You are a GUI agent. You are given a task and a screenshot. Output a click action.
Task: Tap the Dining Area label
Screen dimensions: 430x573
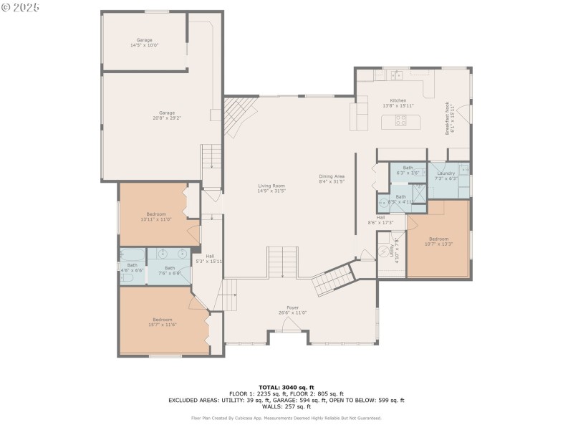pos(332,178)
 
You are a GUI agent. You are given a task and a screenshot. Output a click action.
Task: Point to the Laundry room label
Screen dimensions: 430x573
pos(446,175)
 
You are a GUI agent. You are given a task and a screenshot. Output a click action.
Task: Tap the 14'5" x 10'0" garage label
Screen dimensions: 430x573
pos(144,42)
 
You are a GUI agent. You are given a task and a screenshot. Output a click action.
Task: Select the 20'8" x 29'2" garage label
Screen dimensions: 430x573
pos(167,115)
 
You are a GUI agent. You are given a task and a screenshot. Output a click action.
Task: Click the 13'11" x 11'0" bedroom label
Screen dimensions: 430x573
pos(156,216)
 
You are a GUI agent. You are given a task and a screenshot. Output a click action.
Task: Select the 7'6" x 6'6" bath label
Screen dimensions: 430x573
pos(169,270)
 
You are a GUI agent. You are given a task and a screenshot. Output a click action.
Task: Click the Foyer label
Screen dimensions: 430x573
pos(292,310)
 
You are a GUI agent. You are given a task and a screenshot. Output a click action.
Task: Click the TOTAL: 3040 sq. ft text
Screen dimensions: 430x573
pos(286,388)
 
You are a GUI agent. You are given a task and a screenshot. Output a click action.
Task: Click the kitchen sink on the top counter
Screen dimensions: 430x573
pos(396,74)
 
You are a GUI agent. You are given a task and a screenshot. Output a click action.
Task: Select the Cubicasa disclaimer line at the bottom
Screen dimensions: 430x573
pos(286,418)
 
